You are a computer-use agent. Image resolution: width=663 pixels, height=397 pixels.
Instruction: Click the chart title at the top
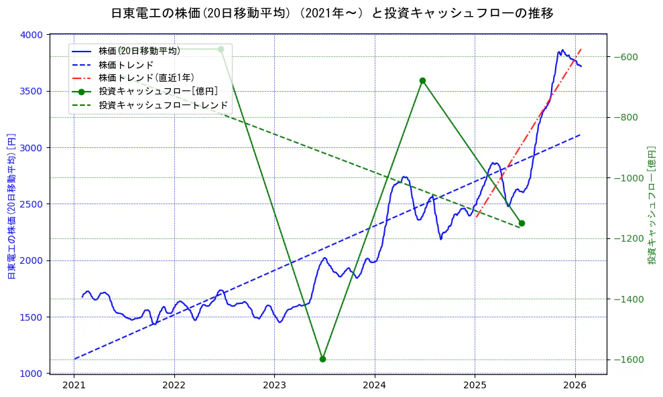(332, 13)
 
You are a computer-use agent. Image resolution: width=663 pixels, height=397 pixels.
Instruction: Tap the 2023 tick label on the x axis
(274, 386)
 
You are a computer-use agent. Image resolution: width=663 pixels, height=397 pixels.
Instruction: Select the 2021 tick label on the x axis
(74, 386)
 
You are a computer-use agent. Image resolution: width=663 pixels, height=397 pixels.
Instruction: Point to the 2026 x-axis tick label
(575, 386)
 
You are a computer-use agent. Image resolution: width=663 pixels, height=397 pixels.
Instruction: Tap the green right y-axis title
(652, 204)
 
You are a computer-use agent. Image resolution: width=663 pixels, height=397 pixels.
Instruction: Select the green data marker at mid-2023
(322, 359)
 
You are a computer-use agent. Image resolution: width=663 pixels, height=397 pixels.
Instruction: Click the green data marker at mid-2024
(422, 80)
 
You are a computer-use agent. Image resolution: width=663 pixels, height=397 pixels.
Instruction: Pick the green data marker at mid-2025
(522, 223)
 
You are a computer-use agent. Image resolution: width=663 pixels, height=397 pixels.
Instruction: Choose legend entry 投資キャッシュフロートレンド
(163, 105)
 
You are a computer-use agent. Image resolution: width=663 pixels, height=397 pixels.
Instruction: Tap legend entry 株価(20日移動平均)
(139, 51)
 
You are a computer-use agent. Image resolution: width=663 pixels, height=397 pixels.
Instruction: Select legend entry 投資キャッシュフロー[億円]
(158, 91)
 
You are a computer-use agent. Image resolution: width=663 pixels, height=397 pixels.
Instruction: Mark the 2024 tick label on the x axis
(374, 386)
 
